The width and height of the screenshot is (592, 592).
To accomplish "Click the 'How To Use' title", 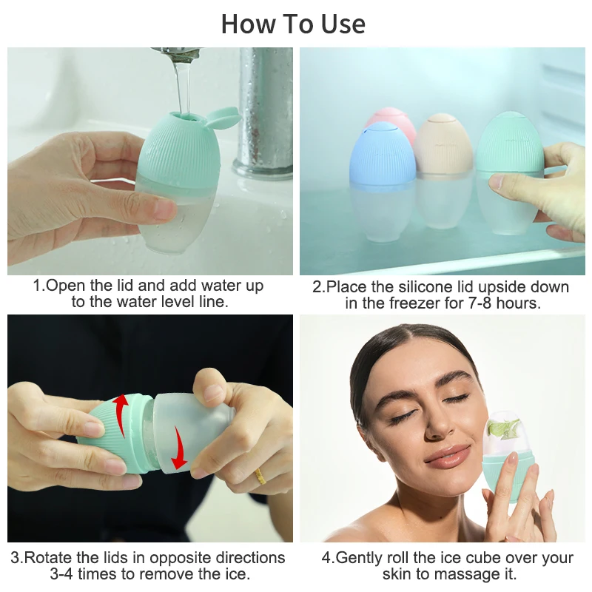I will pos(294,24).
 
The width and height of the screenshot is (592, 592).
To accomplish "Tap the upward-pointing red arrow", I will pos(121,406).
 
